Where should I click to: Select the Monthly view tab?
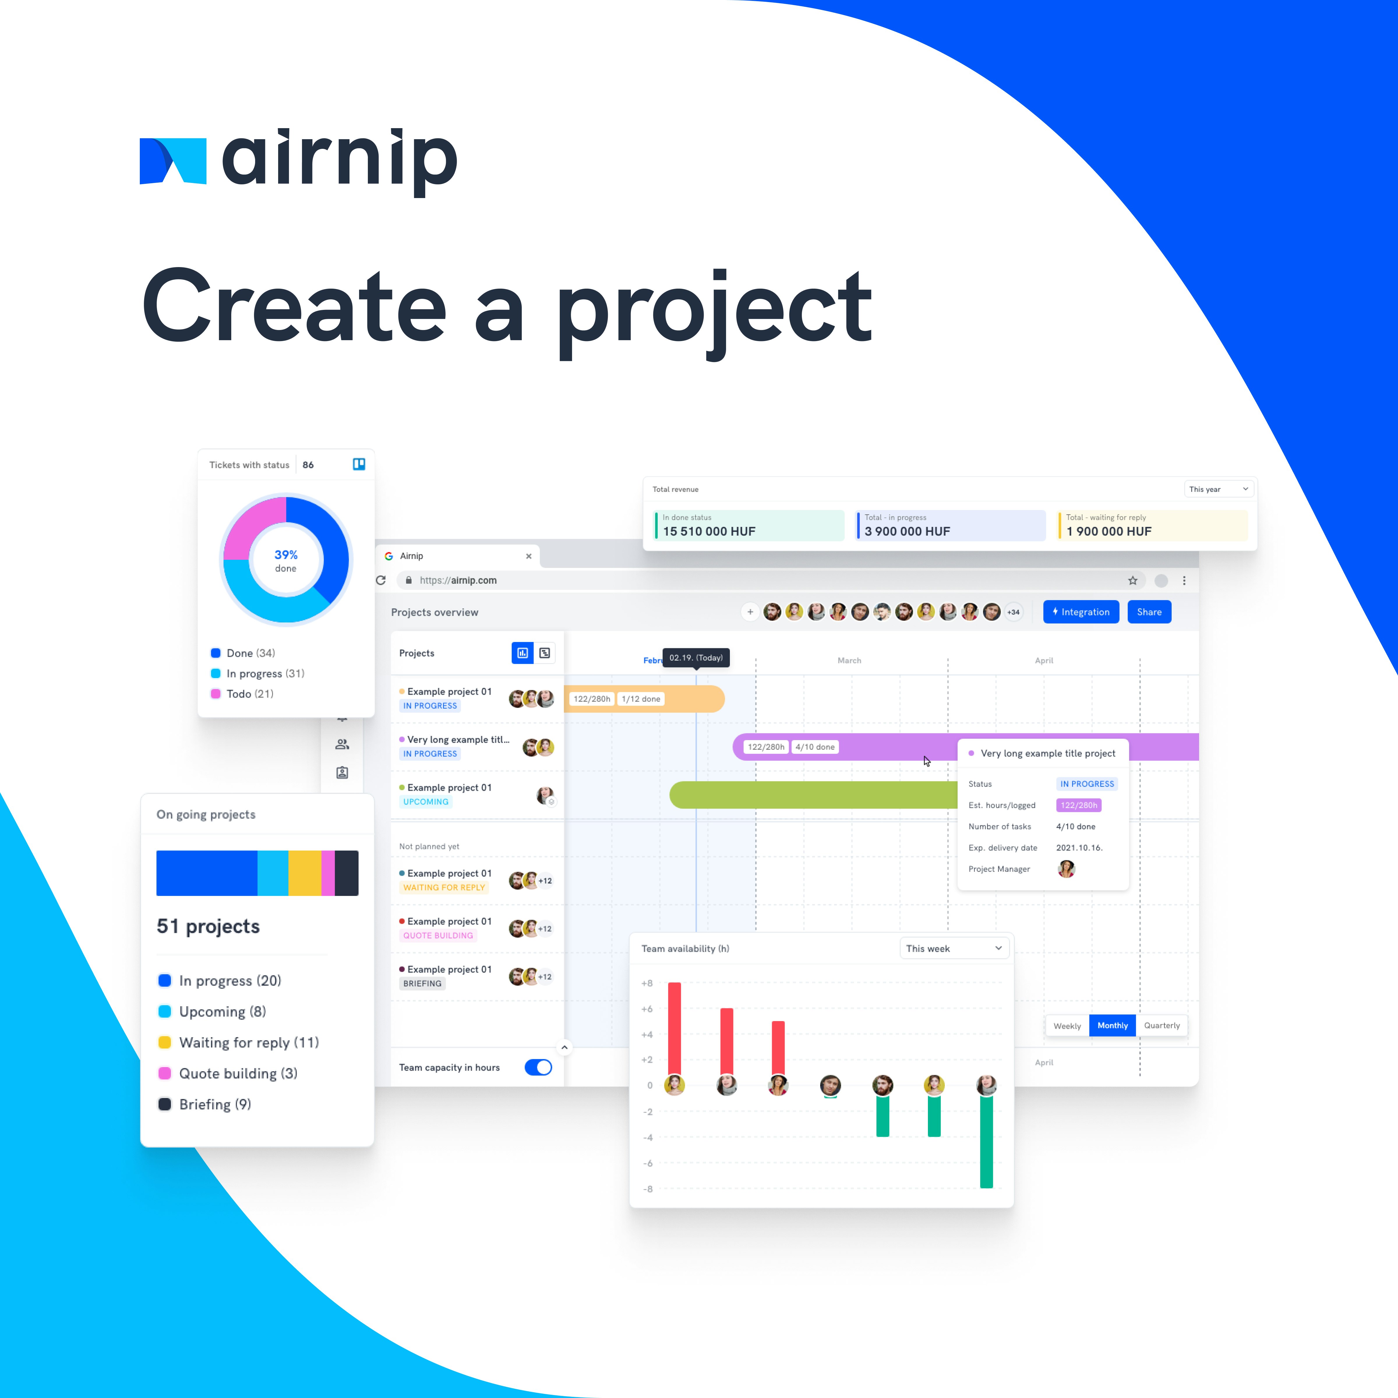1112,1025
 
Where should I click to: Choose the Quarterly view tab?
1162,1025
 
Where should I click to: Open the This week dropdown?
954,949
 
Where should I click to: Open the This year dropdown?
1219,489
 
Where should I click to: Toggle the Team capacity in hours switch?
538,1067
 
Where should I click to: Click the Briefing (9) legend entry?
215,1104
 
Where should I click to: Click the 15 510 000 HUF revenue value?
709,531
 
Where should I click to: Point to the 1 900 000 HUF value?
1108,531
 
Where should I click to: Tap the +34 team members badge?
1013,612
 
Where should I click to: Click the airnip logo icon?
173,161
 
